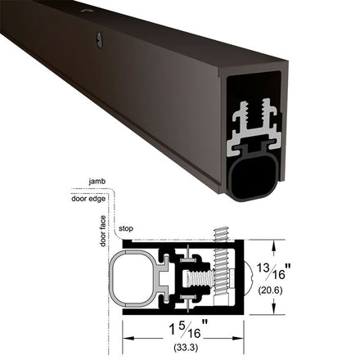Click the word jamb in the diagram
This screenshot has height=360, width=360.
[97, 182]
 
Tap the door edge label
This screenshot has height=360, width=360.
[88, 199]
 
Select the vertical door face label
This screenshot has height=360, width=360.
[103, 231]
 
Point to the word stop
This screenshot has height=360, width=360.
[126, 228]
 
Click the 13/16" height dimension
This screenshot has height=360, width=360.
[273, 272]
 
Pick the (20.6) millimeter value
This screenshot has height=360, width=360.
[270, 290]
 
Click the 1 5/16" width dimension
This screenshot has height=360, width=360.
[189, 330]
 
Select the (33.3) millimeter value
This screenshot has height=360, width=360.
[186, 348]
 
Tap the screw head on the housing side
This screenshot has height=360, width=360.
[100, 41]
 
